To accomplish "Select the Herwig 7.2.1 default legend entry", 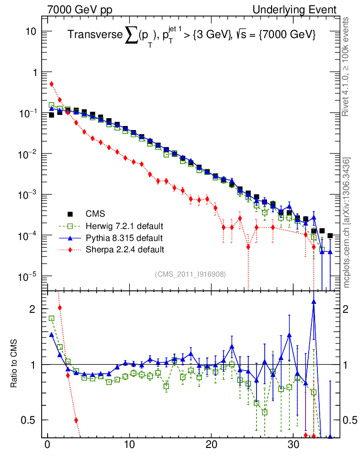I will point(124,226).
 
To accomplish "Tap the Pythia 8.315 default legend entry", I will point(124,238).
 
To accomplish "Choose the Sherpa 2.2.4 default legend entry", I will point(124,250).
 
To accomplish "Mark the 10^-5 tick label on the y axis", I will point(28,276).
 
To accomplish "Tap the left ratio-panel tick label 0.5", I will point(29,420).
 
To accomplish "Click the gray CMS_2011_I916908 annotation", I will point(191,274).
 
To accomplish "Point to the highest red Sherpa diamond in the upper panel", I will point(51,84).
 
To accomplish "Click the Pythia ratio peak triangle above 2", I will point(314,302).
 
